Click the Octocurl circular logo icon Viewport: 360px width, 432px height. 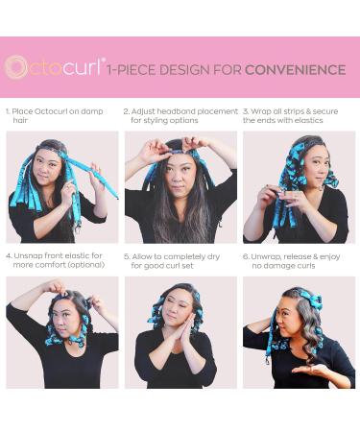(16, 66)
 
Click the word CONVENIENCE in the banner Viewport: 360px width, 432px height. (295, 69)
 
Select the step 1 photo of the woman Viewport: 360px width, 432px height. (62, 186)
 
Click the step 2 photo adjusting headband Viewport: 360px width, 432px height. (180, 186)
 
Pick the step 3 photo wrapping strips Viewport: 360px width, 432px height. (299, 186)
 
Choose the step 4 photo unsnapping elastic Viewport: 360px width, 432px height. (62, 332)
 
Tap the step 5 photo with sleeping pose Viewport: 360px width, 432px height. (180, 332)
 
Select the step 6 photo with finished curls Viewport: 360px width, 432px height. (299, 332)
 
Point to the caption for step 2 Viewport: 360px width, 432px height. (180, 116)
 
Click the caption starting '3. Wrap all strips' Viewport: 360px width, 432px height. (298, 116)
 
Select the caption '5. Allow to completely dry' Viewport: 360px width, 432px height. (175, 261)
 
